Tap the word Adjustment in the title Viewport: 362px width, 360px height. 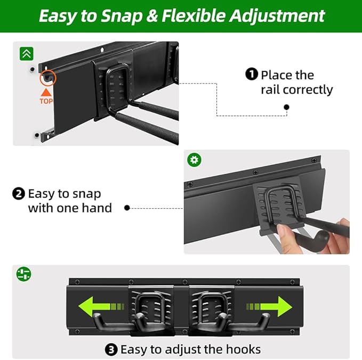pyautogui.click(x=277, y=15)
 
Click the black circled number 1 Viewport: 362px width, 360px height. pyautogui.click(x=252, y=75)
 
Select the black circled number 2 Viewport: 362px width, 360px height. pyautogui.click(x=18, y=193)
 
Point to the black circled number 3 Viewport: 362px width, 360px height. pyautogui.click(x=111, y=349)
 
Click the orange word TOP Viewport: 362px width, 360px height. pyautogui.click(x=46, y=101)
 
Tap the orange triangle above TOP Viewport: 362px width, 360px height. pyautogui.click(x=46, y=92)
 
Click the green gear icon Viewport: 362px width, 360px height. pyautogui.click(x=192, y=160)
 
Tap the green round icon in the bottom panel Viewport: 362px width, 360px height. pyautogui.click(x=23, y=274)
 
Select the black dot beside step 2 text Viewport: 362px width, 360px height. pyautogui.click(x=127, y=208)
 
